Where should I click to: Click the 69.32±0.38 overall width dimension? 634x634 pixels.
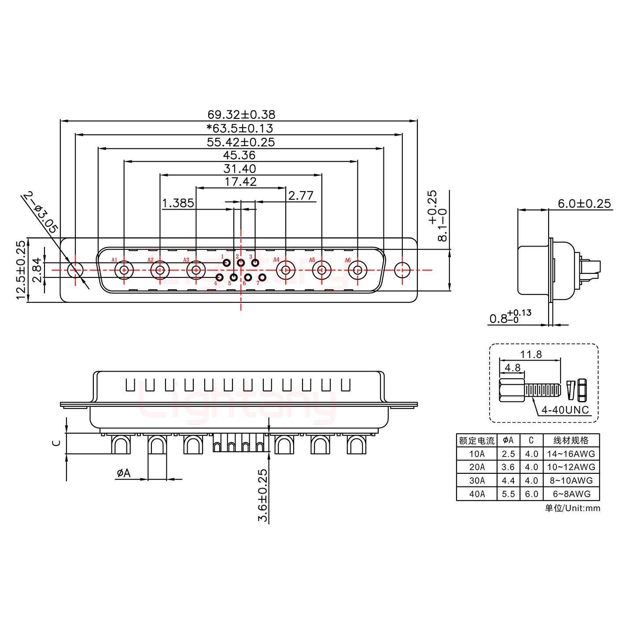click(x=241, y=114)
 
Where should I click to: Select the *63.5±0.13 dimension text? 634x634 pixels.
click(x=240, y=128)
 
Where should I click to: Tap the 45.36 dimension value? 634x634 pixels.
click(x=239, y=155)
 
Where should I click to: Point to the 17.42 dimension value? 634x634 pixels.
click(x=240, y=181)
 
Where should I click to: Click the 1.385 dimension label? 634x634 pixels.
click(x=178, y=203)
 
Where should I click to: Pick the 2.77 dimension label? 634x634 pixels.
click(x=301, y=195)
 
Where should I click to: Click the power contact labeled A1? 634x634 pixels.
click(x=124, y=270)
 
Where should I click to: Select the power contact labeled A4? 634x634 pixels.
click(x=286, y=270)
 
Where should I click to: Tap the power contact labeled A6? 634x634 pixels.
click(x=358, y=270)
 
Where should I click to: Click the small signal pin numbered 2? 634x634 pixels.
click(x=241, y=263)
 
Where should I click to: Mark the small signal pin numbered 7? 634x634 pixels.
click(x=263, y=277)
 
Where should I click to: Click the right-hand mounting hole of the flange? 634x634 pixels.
click(x=402, y=270)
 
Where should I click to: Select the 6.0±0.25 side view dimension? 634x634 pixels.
click(x=584, y=203)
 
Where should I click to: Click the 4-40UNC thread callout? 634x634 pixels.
click(x=565, y=410)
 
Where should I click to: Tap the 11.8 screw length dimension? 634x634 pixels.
click(x=531, y=354)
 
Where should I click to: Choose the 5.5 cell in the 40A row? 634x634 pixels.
click(x=508, y=494)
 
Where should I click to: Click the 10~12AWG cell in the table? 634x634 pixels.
click(x=571, y=467)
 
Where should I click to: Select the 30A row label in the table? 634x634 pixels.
click(x=477, y=480)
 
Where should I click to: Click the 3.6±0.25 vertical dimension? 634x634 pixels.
click(x=263, y=495)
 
